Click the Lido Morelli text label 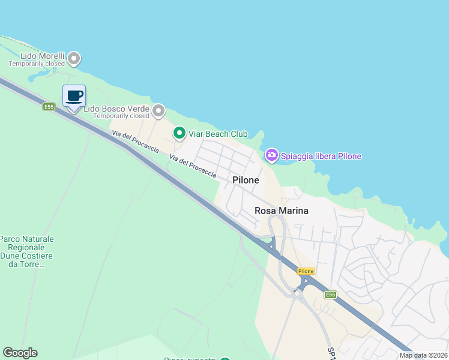click(x=37, y=56)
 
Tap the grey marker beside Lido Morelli click(x=74, y=58)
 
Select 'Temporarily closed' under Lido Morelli click(x=37, y=64)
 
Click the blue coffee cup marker click(x=74, y=96)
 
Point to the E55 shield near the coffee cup click(x=49, y=106)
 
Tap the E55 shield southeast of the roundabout click(x=330, y=295)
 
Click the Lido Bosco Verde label click(x=116, y=109)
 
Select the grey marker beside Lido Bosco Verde click(x=158, y=110)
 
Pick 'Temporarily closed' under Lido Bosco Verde click(x=121, y=116)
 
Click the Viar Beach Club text click(x=218, y=134)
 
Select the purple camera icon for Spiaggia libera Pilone click(x=271, y=156)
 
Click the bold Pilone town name click(x=246, y=180)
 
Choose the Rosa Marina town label click(x=282, y=211)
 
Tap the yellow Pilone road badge click(x=306, y=271)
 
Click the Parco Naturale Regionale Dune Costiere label click(x=27, y=251)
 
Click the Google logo click(x=20, y=353)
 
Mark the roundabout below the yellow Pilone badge click(x=296, y=293)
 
